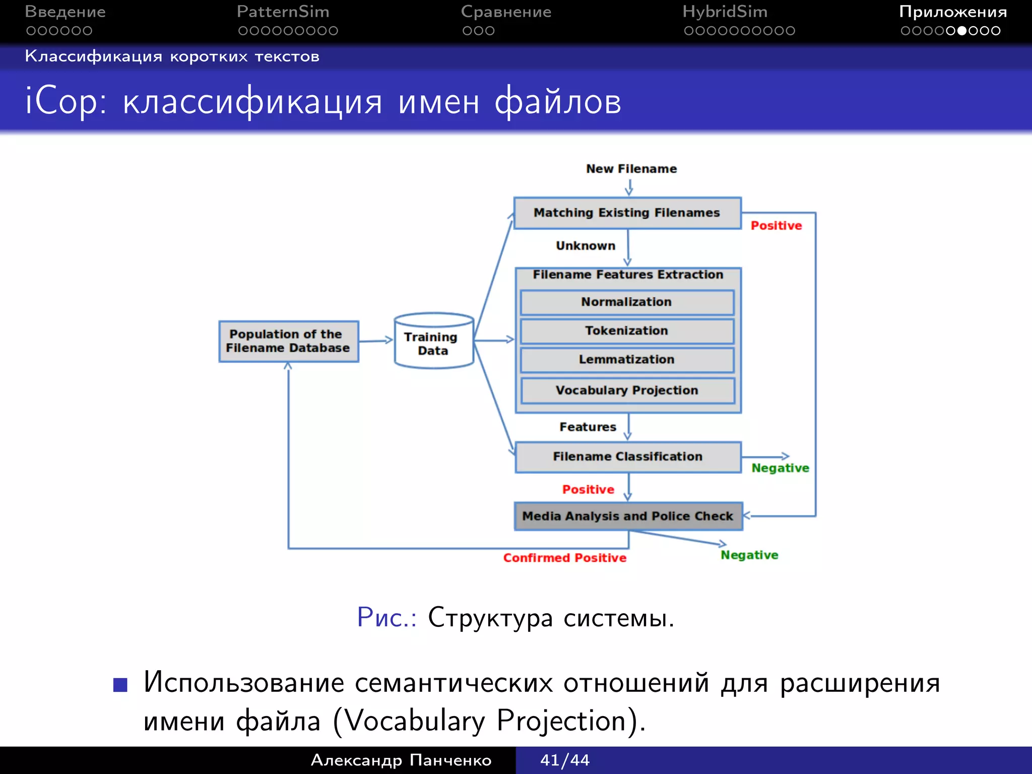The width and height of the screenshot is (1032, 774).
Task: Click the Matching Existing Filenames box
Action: [x=627, y=213]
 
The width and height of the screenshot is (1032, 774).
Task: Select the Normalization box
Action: [x=627, y=302]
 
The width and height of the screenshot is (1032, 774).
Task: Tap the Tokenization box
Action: [x=627, y=331]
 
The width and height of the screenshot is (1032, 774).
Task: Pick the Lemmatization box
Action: [x=627, y=360]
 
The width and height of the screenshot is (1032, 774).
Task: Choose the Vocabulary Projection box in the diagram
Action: [x=627, y=391]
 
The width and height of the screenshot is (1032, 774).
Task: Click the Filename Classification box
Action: [x=627, y=457]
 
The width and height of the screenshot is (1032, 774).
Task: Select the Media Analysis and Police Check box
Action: [x=628, y=516]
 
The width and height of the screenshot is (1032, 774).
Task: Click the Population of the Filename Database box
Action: [x=288, y=341]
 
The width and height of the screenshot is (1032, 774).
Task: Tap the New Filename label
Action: [x=631, y=169]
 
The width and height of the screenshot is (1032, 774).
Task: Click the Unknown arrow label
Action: [x=586, y=246]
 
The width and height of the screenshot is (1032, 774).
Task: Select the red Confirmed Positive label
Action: [x=564, y=558]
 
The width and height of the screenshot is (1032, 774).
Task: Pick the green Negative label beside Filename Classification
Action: [x=780, y=468]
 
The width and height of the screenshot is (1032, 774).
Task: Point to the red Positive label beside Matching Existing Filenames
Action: [x=776, y=226]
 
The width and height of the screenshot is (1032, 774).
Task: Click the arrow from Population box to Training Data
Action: [x=375, y=341]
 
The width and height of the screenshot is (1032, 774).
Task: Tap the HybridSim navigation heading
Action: [x=725, y=12]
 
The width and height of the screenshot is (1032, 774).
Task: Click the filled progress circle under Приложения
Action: [x=961, y=31]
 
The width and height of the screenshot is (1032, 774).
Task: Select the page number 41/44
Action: [x=564, y=760]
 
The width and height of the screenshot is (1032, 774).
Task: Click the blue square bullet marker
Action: [x=120, y=684]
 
